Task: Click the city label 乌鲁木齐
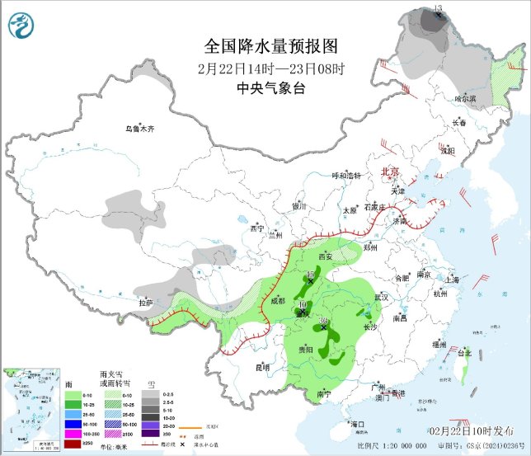(x=139, y=129)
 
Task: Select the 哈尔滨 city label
(x=466, y=98)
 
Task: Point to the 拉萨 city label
(x=146, y=303)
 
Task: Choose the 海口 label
(x=356, y=423)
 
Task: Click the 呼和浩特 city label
(x=346, y=176)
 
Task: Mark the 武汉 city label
(x=381, y=296)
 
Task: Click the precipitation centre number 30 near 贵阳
(x=324, y=322)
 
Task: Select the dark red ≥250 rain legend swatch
(x=49, y=444)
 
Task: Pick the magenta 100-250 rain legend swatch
(x=49, y=433)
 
